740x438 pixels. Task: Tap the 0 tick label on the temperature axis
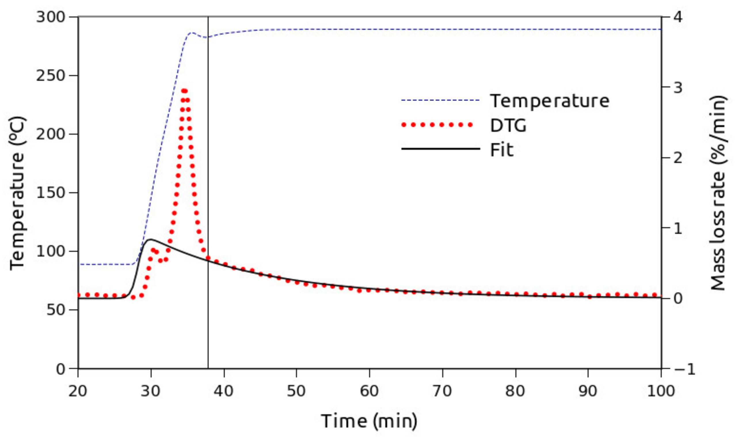60,369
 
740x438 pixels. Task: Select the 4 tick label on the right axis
678,17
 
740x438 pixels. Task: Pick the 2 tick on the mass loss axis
678,158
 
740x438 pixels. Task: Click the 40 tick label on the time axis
224,391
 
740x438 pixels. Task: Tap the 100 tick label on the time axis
661,391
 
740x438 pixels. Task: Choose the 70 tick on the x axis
442,391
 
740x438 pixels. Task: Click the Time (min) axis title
369,421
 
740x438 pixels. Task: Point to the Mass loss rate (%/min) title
718,193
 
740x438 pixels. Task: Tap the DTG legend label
508,126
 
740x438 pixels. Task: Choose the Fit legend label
501,150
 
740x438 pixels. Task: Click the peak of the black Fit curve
151,239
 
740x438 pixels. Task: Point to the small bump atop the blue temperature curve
192,33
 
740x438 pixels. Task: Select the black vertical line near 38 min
208,177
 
